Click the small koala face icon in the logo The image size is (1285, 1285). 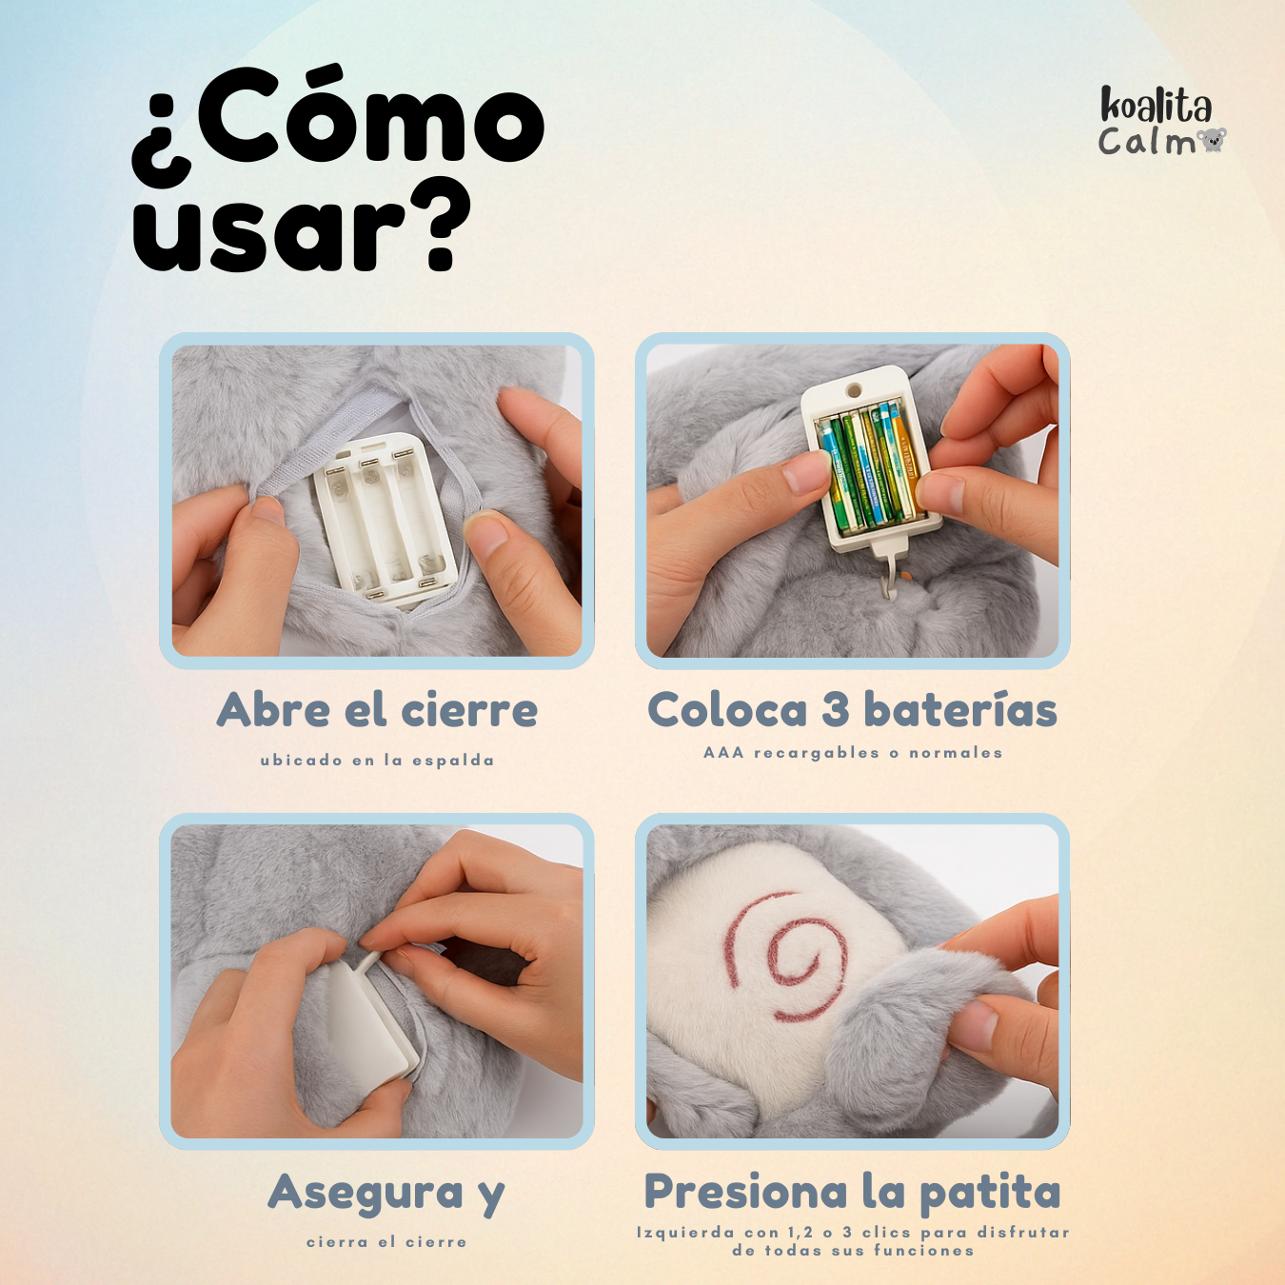(x=1211, y=141)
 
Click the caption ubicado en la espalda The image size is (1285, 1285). (x=378, y=761)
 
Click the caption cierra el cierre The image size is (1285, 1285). (x=386, y=1241)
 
